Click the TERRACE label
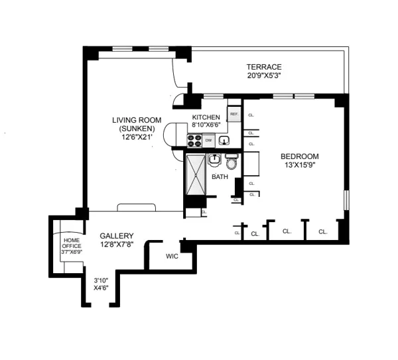264,67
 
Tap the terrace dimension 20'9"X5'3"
264,77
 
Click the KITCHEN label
206,117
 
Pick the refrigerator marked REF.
233,114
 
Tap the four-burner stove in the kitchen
194,140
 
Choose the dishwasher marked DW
208,140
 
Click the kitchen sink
226,140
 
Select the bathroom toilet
232,162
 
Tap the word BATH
220,178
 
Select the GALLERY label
117,236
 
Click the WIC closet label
172,256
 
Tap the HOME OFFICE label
72,243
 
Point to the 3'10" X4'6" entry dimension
101,284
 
